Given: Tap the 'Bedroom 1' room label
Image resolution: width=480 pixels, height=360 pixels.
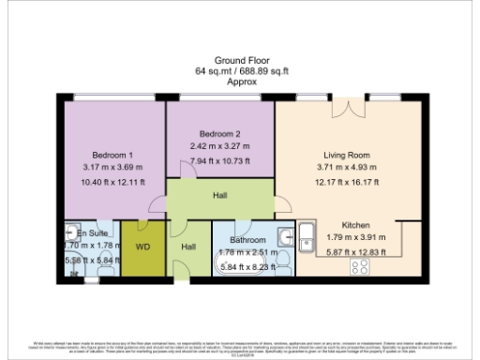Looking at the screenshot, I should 112,155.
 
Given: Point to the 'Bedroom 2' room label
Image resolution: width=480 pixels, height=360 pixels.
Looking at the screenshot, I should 220,134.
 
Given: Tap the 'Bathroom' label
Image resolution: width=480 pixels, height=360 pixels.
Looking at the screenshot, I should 248,240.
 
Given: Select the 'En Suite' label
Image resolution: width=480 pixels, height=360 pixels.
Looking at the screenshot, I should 93,231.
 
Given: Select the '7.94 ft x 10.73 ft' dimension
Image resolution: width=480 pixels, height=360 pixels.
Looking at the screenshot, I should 221,161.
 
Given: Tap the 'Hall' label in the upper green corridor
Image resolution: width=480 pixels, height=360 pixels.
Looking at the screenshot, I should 219,196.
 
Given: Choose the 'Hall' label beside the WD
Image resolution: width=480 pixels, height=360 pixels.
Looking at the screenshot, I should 187,247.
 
